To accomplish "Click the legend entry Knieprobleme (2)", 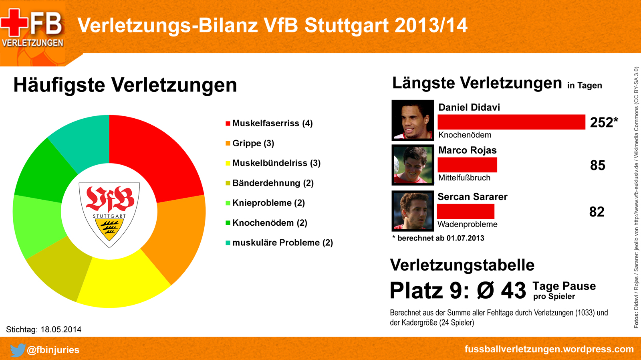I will tap(268, 203).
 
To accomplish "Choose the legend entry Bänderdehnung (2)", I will tap(273, 183).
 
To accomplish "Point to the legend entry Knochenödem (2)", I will tap(270, 223).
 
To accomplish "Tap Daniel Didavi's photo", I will tap(413, 120).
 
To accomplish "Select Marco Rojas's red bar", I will tap(467, 165).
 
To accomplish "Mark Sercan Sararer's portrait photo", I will tap(413, 211).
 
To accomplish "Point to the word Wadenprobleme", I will tap(467, 224).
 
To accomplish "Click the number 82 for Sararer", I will tap(597, 212).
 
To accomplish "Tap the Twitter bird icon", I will tap(17, 350).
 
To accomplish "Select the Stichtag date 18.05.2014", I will tap(60, 330).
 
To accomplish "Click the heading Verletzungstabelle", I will tap(462, 265).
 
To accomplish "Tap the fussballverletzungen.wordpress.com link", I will tap(549, 349).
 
